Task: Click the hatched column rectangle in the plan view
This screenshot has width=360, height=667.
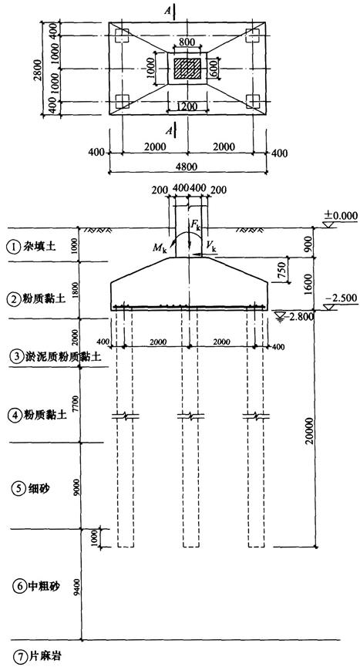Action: (x=187, y=69)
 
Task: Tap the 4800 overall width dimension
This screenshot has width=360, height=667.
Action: (x=187, y=166)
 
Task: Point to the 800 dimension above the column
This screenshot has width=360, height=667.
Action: (x=187, y=42)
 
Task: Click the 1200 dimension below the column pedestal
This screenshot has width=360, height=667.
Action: (x=187, y=106)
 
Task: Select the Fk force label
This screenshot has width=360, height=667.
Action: (x=196, y=226)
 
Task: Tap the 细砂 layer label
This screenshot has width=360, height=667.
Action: (x=39, y=488)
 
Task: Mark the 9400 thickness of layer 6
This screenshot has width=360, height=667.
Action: (x=76, y=587)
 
